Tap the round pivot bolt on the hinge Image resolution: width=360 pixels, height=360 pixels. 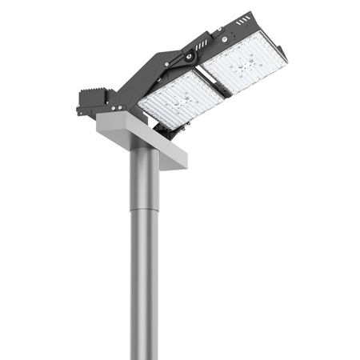pyautogui.click(x=189, y=56)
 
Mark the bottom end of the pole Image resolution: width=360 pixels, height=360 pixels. pyautogui.click(x=145, y=355)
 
